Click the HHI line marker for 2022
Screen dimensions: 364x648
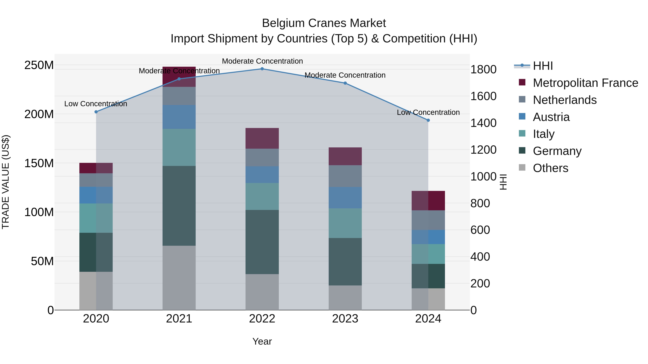[x=262, y=69]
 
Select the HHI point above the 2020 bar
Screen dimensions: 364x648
[x=96, y=112]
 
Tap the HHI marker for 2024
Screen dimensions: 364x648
[x=428, y=120]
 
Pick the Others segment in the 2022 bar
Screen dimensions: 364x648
[x=262, y=292]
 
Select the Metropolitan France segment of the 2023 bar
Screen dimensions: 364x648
[x=345, y=156]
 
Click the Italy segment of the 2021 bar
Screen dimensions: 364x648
[x=179, y=147]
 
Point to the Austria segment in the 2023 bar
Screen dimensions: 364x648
[x=345, y=197]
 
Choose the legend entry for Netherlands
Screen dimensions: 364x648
[x=564, y=100]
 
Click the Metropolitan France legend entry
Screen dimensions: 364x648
[x=585, y=83]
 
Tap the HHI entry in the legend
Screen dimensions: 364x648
[x=543, y=66]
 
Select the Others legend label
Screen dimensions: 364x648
[x=550, y=168]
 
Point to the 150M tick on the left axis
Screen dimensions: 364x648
[x=39, y=163]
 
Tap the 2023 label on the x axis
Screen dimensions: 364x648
[x=345, y=319]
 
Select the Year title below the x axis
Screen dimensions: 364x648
[x=262, y=341]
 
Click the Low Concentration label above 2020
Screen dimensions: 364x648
[x=96, y=104]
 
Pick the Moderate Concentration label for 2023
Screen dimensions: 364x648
[x=345, y=75]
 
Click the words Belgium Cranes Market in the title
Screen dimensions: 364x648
[x=324, y=23]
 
